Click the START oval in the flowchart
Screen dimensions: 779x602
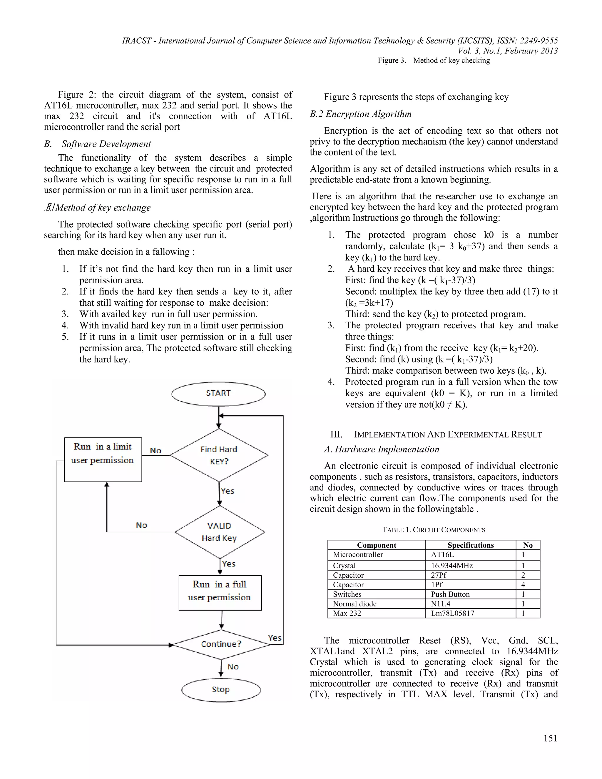coord(218,394)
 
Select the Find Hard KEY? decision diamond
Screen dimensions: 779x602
coord(219,455)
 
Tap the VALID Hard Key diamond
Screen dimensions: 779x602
coord(219,532)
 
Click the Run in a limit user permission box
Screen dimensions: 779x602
coord(103,460)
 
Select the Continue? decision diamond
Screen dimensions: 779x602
coord(221,644)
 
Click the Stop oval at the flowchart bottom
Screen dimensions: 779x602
coord(221,689)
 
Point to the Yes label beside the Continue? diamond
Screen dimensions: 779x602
coord(275,638)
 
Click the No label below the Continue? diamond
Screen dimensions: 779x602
coord(233,667)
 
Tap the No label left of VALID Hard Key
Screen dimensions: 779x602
coord(142,525)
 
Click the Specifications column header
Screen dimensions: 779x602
coord(470,545)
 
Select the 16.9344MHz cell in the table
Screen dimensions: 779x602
coord(451,566)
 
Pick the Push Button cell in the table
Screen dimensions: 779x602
coord(450,594)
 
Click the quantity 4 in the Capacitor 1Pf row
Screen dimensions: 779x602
coord(523,585)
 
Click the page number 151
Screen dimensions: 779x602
coord(550,738)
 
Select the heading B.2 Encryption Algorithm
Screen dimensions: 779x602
coord(361,114)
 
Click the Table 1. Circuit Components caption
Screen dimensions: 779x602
coord(434,530)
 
